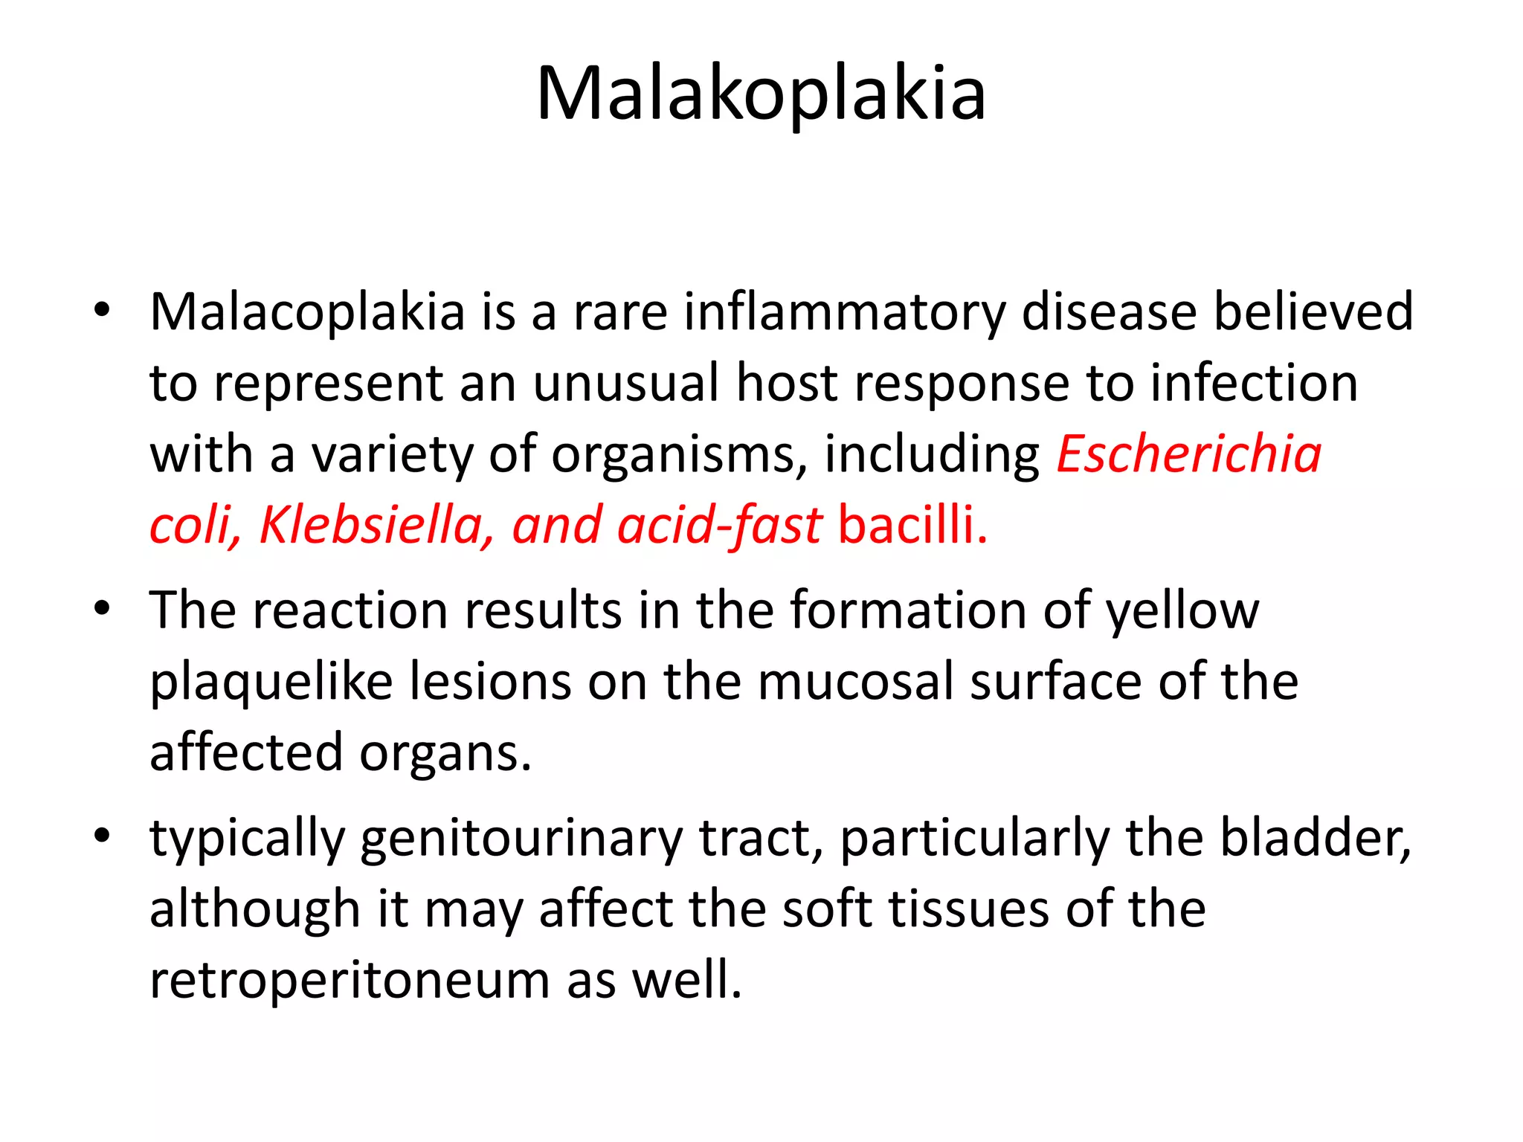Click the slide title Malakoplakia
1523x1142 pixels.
(761, 94)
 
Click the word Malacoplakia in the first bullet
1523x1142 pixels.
(307, 312)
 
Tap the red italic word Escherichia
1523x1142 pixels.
(1189, 454)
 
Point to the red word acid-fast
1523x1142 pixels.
(719, 526)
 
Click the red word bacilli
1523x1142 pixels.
(912, 526)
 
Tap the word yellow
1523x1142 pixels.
(1182, 611)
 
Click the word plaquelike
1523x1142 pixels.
(271, 683)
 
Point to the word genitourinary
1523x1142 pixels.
(521, 839)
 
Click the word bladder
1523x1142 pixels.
(1315, 838)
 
